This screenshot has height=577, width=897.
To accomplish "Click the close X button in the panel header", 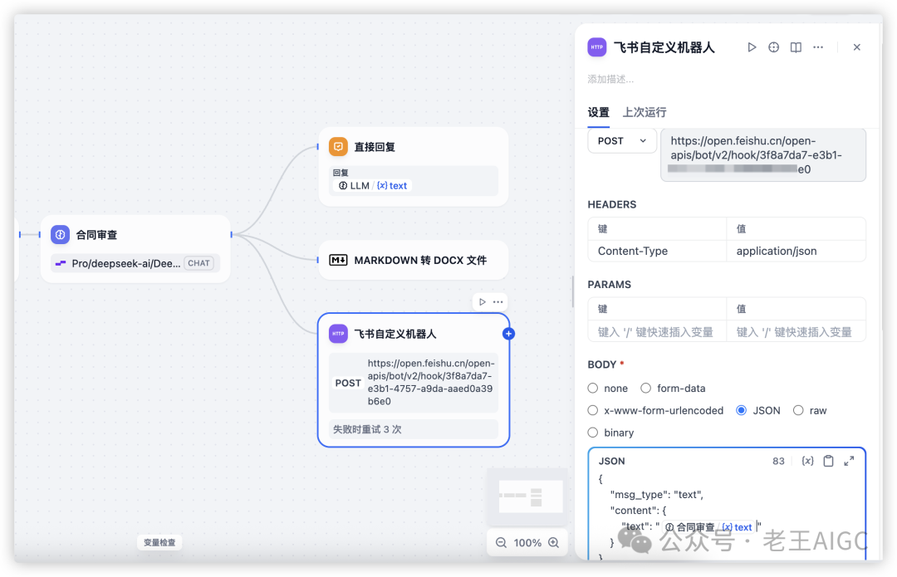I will point(856,47).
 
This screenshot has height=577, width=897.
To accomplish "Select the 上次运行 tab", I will point(645,112).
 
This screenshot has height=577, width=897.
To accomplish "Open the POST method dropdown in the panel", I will point(621,141).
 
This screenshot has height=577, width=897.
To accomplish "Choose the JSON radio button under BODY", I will point(741,410).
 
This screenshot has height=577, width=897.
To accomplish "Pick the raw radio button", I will point(798,410).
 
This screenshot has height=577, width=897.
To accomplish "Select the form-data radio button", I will point(645,388).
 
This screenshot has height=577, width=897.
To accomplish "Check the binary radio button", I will point(593,433).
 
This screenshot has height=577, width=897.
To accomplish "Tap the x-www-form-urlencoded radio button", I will point(593,410).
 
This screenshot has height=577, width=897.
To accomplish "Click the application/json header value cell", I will point(777,251).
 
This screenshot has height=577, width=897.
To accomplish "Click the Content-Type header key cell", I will point(633,251).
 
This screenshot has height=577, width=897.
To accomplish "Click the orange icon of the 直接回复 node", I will point(338,147).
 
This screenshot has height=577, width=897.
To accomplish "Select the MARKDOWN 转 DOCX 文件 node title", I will point(420,260).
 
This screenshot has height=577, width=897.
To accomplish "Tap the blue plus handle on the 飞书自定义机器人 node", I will point(509,334).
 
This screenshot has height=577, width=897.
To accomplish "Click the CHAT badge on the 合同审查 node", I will point(199,263).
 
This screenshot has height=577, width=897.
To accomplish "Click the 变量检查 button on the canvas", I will point(159,543).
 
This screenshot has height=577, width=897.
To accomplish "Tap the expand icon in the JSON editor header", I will point(849,461).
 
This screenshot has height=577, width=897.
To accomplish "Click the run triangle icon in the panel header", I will point(752,47).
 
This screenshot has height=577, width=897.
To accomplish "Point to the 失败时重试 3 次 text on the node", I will point(367,429).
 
